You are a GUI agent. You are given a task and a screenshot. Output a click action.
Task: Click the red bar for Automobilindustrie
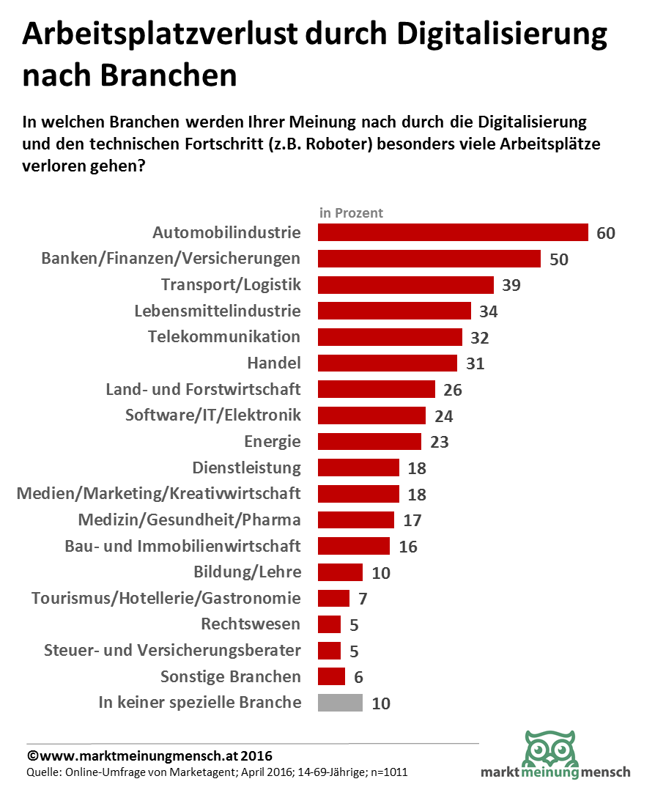click(453, 233)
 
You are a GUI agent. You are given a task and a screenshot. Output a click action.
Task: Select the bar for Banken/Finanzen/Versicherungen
click(429, 259)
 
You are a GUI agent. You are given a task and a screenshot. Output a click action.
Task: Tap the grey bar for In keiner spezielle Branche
click(340, 703)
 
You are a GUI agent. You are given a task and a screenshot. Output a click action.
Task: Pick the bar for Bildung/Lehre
click(340, 572)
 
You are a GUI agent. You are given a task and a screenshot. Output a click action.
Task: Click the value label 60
click(606, 234)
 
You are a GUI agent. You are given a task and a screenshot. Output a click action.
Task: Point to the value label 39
click(511, 285)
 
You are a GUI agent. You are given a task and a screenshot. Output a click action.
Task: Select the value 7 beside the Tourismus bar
click(363, 599)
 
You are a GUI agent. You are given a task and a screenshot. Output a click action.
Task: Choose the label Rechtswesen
click(251, 624)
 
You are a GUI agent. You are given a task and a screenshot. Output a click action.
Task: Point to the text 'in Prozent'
click(351, 213)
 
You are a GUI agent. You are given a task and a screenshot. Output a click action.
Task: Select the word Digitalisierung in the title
click(502, 35)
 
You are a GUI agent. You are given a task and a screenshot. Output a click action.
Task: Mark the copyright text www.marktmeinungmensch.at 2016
click(149, 755)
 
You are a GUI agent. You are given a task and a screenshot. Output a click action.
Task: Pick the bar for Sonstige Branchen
click(331, 676)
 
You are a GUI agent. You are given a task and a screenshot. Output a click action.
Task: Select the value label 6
click(358, 677)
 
